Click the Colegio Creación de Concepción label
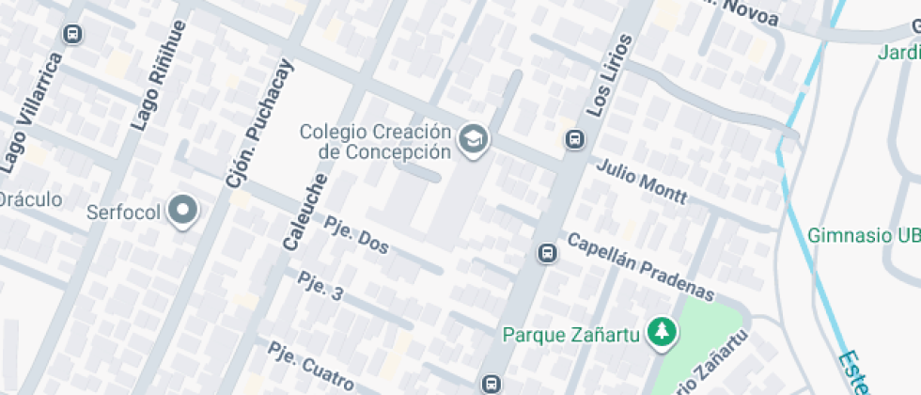(376, 141)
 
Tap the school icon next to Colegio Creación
(474, 140)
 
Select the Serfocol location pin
(182, 212)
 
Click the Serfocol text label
(124, 212)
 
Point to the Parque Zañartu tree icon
(663, 332)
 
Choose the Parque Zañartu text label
(571, 334)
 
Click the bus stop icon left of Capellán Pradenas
(546, 253)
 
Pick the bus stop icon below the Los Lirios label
(574, 139)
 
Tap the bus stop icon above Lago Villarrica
(71, 35)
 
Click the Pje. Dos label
(356, 235)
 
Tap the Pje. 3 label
(320, 286)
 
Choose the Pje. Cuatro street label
(309, 366)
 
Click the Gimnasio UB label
(863, 235)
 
